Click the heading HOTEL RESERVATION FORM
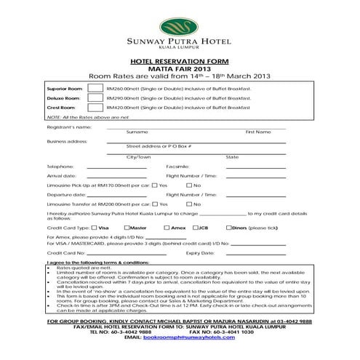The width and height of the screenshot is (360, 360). (x=179, y=63)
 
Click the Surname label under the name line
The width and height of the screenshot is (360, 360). (x=137, y=132)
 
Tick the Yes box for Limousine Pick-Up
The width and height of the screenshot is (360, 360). (x=154, y=185)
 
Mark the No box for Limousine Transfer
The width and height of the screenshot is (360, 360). (x=188, y=205)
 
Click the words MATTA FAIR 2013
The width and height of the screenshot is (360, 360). (x=179, y=69)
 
